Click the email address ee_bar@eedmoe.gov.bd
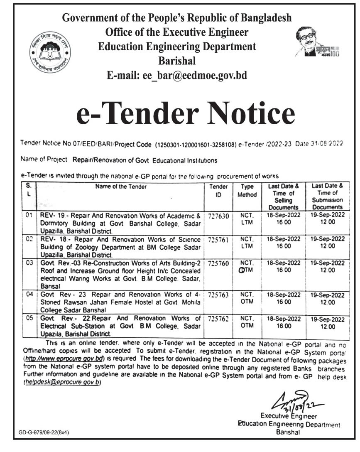pos(177,76)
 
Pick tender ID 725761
pos(218,240)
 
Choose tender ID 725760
pos(218,264)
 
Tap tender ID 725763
pos(218,295)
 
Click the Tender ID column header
pos(218,191)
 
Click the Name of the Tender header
pos(121,187)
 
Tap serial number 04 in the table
pos(29,295)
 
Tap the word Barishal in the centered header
pos(176,61)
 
